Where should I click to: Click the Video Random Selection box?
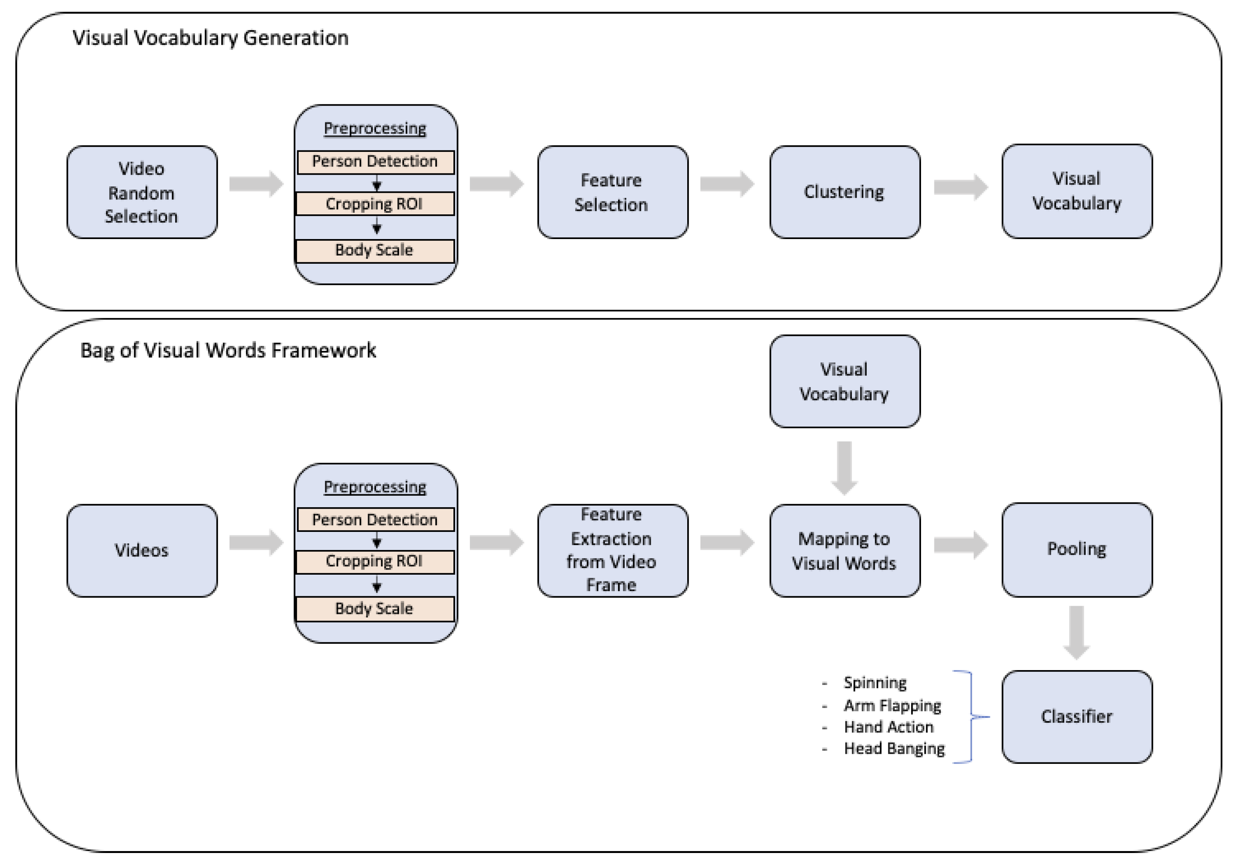coord(142,192)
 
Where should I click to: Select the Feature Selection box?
coord(612,192)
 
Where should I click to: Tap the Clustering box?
coord(844,192)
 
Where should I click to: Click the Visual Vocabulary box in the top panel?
coord(1076,191)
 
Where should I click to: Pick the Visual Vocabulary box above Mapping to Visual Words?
coord(844,382)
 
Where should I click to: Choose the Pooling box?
coord(1076,550)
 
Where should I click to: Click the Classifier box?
coord(1076,717)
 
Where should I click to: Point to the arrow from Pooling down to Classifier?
coord(1076,632)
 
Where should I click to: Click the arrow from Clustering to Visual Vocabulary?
coord(960,187)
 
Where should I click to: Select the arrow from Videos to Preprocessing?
coord(256,543)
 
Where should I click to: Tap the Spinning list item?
coord(874,683)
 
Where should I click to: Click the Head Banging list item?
coord(894,749)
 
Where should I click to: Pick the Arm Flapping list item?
coord(892,705)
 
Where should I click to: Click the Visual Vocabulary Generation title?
coord(211,38)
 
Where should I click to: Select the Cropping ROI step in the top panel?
coord(375,204)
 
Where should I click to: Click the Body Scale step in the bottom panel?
coord(375,608)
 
